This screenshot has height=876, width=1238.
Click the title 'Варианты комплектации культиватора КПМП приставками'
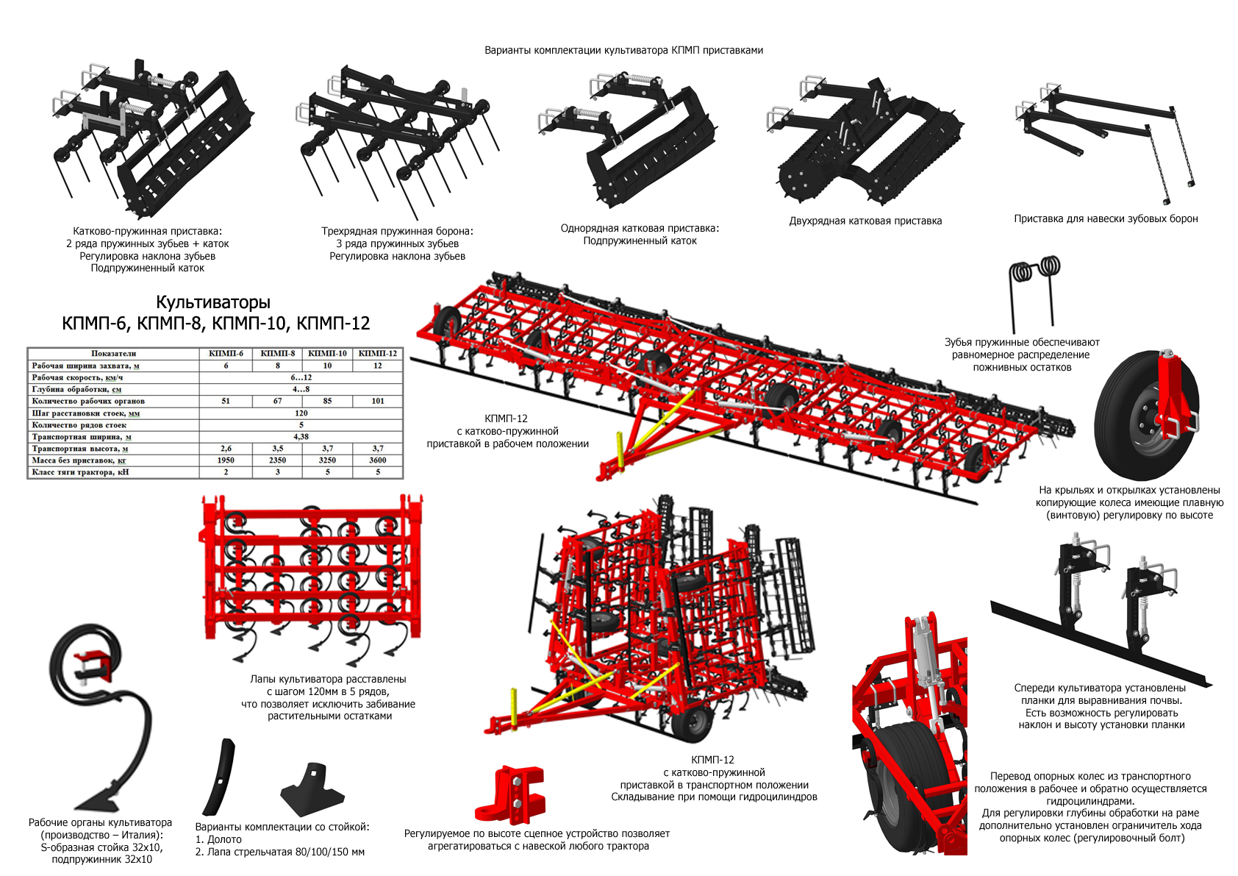click(623, 51)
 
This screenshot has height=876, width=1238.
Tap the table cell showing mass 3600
click(377, 460)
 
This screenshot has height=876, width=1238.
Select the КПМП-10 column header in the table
click(327, 354)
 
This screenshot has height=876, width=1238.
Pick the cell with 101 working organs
click(377, 402)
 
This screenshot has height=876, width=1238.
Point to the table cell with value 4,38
click(301, 437)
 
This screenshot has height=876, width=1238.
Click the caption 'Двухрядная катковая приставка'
click(865, 221)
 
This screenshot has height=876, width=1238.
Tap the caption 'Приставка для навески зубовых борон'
click(1106, 219)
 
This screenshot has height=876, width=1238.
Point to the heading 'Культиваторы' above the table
click(213, 302)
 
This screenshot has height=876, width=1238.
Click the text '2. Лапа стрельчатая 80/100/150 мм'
click(279, 852)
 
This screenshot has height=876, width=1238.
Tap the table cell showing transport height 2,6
click(226, 449)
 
